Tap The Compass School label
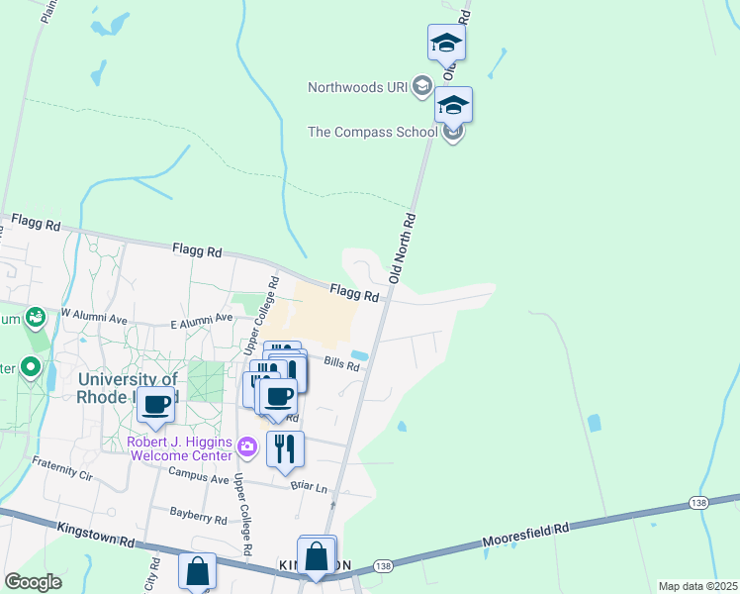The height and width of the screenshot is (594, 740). click(x=372, y=132)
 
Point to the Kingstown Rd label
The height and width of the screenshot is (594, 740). click(x=96, y=536)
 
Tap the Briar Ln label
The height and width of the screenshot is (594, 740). click(x=308, y=485)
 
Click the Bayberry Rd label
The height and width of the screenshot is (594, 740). click(x=198, y=516)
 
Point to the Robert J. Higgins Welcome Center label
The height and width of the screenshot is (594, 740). click(x=178, y=448)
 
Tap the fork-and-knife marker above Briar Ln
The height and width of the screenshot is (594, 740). click(x=285, y=448)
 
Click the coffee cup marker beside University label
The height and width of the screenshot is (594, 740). click(x=155, y=404)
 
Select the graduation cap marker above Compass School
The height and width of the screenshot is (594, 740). click(x=453, y=104)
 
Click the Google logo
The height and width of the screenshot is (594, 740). click(x=33, y=581)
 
